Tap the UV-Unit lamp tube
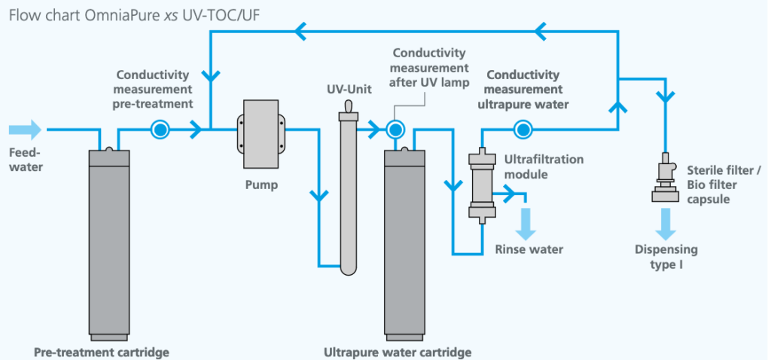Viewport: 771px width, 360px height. coord(347,188)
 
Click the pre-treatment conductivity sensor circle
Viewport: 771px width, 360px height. coord(160,130)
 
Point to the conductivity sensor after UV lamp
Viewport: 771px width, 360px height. coord(393,130)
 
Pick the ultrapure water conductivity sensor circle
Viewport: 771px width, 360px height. coord(520,130)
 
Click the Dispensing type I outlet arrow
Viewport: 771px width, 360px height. coord(665,221)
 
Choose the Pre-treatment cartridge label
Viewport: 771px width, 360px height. coord(102,352)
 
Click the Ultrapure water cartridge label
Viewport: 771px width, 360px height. coord(397,352)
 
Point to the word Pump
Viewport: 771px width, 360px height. coord(261,185)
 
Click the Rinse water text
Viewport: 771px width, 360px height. coord(529,249)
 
